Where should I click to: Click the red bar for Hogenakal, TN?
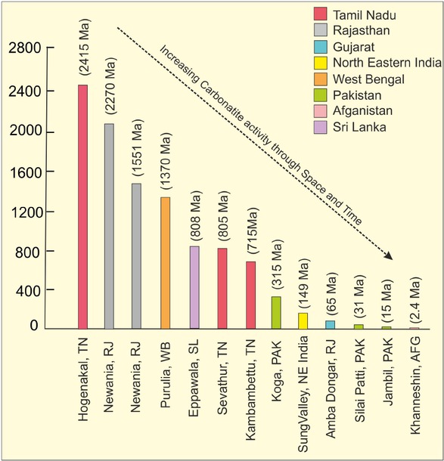click(82, 208)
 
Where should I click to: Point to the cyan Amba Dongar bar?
click(331, 325)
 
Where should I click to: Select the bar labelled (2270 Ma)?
click(110, 227)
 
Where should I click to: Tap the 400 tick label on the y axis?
click(32, 291)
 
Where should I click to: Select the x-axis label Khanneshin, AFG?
click(413, 394)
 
